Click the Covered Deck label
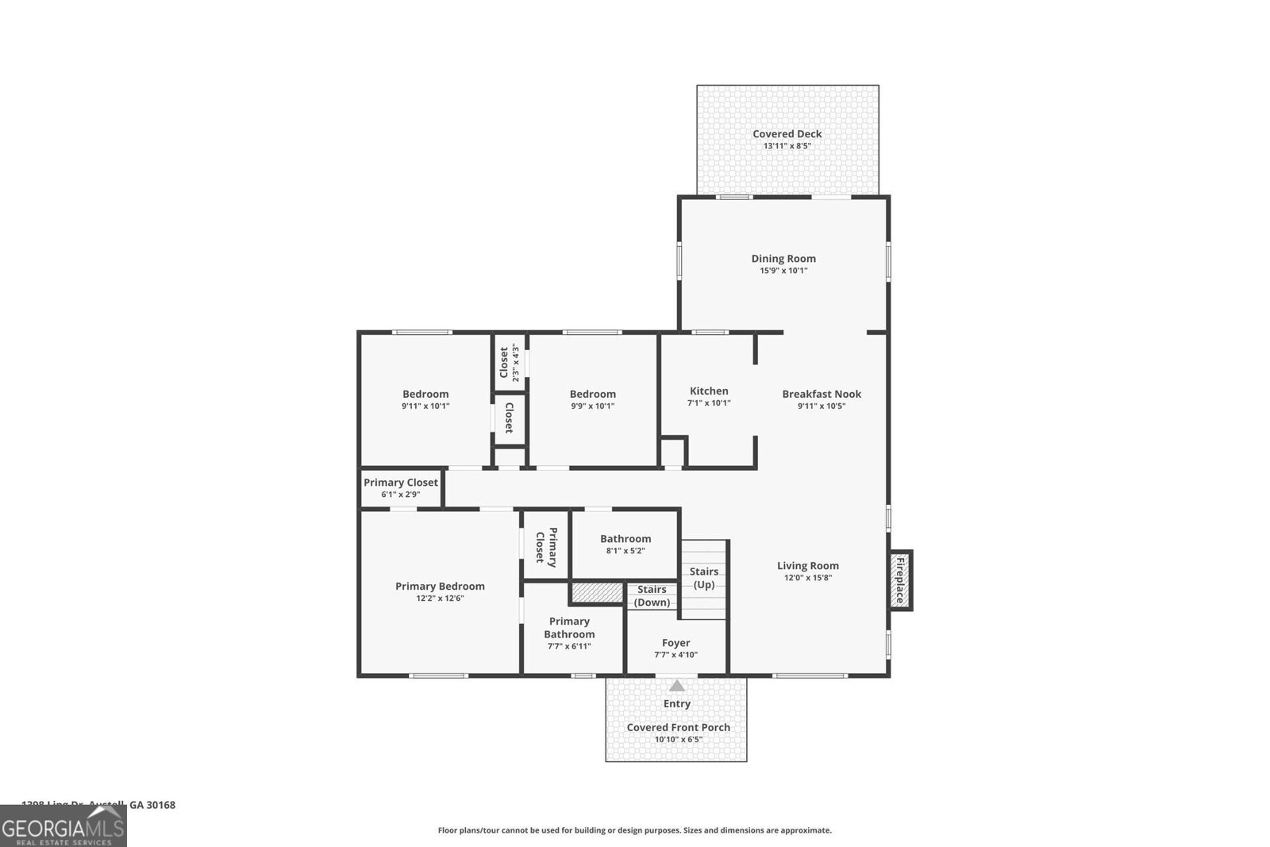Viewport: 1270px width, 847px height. click(787, 134)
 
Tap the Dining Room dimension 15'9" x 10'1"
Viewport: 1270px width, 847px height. click(783, 271)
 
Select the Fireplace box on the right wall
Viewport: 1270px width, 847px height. click(900, 580)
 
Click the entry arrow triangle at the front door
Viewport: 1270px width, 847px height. click(676, 686)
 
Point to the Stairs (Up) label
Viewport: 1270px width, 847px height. click(703, 578)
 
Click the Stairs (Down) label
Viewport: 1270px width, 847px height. click(652, 595)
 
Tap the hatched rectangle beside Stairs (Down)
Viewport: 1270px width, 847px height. click(597, 593)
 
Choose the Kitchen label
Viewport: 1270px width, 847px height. click(708, 391)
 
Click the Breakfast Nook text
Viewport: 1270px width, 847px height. click(821, 394)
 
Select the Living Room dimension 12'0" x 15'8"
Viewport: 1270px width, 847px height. click(807, 578)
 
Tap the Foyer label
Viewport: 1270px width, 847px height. click(675, 643)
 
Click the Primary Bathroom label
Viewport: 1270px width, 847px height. click(569, 627)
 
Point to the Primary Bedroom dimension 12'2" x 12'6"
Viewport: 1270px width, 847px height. click(440, 599)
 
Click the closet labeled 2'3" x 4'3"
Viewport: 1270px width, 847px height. click(509, 363)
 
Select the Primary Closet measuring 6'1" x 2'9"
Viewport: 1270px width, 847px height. click(400, 487)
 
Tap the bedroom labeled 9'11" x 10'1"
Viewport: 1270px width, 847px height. click(425, 399)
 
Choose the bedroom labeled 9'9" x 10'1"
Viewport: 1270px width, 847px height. click(592, 399)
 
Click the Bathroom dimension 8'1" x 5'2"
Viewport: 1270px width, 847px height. click(625, 551)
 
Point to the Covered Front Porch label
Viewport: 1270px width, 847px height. click(678, 727)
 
